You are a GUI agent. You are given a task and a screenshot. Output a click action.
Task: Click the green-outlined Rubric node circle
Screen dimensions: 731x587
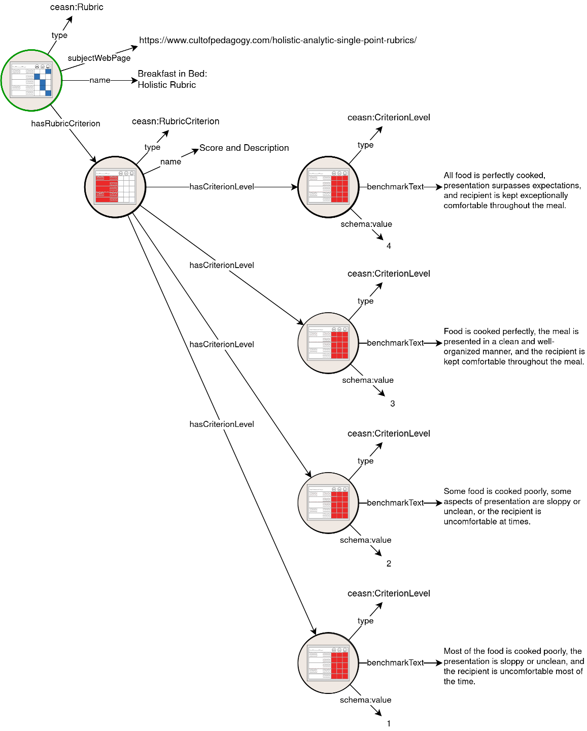pyautogui.click(x=31, y=80)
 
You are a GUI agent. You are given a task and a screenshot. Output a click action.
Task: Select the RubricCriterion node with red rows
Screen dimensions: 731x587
pyautogui.click(x=115, y=187)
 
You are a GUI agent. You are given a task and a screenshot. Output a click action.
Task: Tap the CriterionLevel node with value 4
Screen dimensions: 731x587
pyautogui.click(x=328, y=187)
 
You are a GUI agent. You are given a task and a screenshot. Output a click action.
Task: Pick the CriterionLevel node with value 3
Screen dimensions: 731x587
pyautogui.click(x=328, y=343)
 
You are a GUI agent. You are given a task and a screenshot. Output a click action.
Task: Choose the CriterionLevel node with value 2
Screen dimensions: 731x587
pyautogui.click(x=328, y=503)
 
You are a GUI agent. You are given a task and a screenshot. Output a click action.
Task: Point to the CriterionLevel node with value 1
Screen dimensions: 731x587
pyautogui.click(x=328, y=663)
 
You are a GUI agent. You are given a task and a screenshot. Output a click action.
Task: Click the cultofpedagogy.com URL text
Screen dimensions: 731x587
pyautogui.click(x=278, y=40)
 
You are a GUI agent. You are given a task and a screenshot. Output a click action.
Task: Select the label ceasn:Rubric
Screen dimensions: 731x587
pyautogui.click(x=77, y=7)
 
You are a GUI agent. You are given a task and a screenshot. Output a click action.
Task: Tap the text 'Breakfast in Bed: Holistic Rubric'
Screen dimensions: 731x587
pyautogui.click(x=172, y=79)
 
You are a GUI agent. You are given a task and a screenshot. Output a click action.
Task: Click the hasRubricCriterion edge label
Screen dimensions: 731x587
pyautogui.click(x=65, y=123)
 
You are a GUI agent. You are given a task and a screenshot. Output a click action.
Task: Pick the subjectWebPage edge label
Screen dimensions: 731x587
pyautogui.click(x=99, y=58)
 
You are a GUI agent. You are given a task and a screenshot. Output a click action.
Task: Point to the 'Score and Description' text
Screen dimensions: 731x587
pyautogui.click(x=244, y=148)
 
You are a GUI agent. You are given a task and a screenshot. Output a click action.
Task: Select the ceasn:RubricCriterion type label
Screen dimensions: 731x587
pyautogui.click(x=176, y=121)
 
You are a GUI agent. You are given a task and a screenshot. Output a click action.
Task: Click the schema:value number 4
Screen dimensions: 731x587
pyautogui.click(x=389, y=246)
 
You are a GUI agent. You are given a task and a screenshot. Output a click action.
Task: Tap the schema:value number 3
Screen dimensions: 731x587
pyautogui.click(x=392, y=404)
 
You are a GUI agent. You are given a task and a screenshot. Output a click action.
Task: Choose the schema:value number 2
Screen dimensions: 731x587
pyautogui.click(x=389, y=563)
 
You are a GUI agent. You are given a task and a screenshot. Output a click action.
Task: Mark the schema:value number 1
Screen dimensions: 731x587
pyautogui.click(x=389, y=723)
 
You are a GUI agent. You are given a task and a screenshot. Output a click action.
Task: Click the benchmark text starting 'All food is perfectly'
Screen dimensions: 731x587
pyautogui.click(x=512, y=190)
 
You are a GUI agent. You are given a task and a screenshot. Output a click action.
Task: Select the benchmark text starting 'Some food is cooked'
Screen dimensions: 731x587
pyautogui.click(x=511, y=506)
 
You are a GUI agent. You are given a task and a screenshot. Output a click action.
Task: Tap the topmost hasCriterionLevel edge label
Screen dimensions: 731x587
pyautogui.click(x=222, y=187)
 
